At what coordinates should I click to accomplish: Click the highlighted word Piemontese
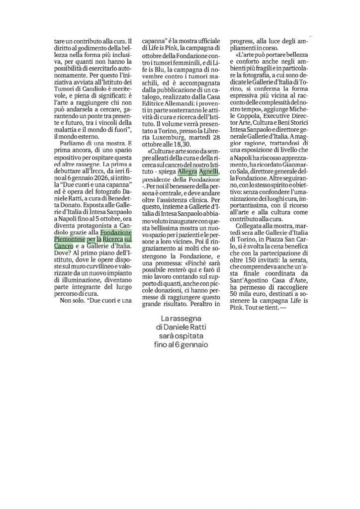tap(69, 239)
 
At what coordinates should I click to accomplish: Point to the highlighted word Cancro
tap(63, 246)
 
